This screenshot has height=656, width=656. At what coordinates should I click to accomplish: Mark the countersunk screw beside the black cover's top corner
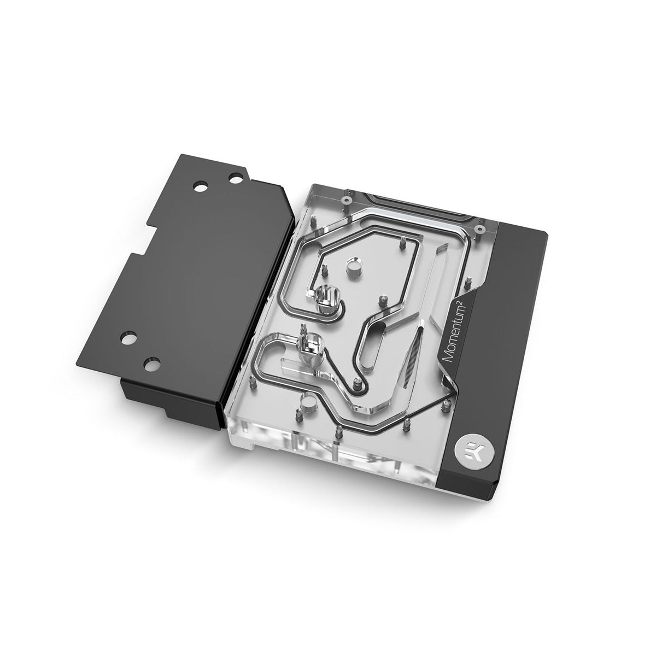point(479,228)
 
